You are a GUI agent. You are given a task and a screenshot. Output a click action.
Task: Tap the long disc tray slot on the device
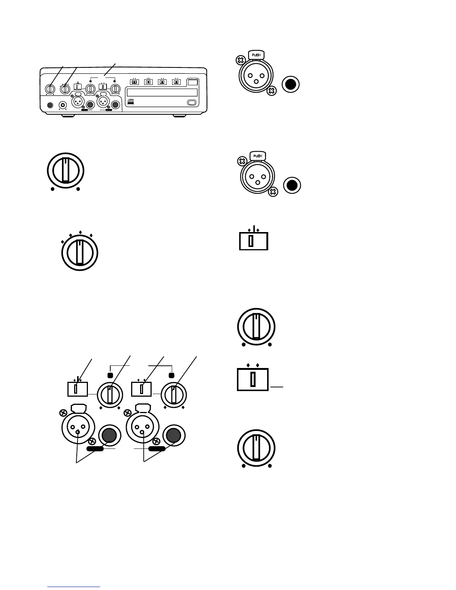pos(162,93)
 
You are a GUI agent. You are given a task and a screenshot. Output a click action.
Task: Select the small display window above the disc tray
pos(192,82)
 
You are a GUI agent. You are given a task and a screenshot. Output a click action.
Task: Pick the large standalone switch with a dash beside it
pos(253,380)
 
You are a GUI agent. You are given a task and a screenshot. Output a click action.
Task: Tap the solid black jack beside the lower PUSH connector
pos(292,185)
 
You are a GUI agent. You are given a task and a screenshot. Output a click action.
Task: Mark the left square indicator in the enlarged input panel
pos(110,375)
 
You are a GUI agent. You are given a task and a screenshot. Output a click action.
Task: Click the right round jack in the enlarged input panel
pos(173,435)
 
